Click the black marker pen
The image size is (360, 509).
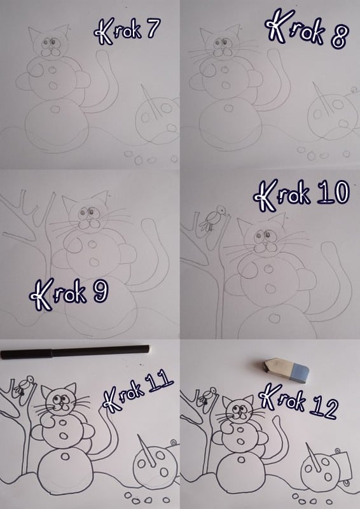[x=75, y=352]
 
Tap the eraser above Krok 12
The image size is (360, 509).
[x=286, y=370]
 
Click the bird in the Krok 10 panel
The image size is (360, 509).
[x=212, y=218]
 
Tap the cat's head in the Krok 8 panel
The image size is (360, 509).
[x=223, y=43]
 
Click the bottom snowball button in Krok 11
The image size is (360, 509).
[x=65, y=456]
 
